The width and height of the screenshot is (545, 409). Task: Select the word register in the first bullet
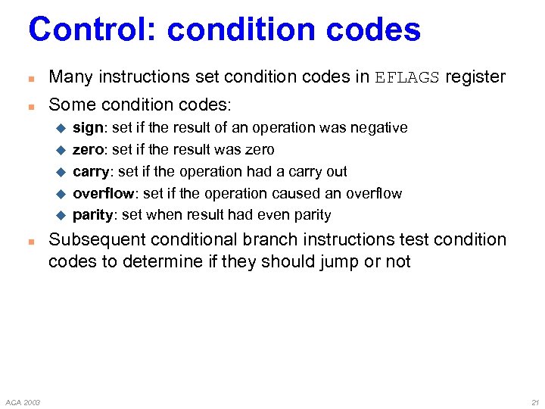pos(475,77)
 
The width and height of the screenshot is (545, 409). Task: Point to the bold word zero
pos(89,150)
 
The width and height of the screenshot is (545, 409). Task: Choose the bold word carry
pos(91,172)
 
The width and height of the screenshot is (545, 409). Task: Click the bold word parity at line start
pos(92,215)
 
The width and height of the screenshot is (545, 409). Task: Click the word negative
pos(378,128)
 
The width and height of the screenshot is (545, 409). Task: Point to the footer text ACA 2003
pos(22,401)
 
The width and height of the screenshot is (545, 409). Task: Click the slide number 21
pos(534,401)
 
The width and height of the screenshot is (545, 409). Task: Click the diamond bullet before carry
pos(62,172)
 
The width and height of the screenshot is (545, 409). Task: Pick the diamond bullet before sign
pos(62,128)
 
